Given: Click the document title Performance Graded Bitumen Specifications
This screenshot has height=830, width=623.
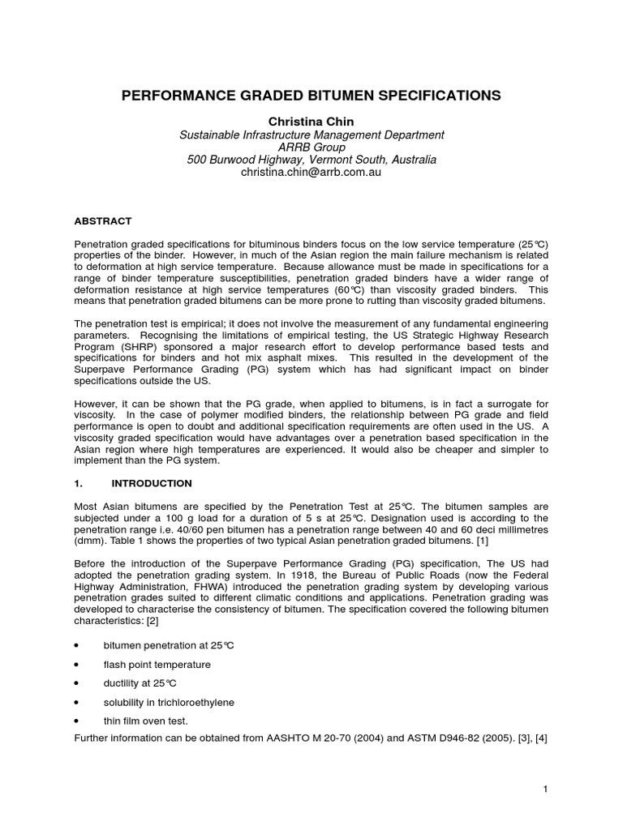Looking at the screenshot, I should (x=311, y=96).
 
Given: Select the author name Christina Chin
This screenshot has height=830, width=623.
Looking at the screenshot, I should (x=311, y=121).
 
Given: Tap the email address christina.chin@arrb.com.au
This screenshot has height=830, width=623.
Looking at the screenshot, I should (x=311, y=173).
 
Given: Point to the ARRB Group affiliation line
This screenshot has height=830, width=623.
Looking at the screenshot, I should (x=311, y=147).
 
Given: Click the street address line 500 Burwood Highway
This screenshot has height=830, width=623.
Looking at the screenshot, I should (x=311, y=160).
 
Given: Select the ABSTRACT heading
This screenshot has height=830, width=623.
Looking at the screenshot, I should (x=103, y=220).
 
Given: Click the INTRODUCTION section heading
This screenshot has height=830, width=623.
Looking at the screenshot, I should (x=152, y=483).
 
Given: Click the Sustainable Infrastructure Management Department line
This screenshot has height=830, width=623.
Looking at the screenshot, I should (x=311, y=134).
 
